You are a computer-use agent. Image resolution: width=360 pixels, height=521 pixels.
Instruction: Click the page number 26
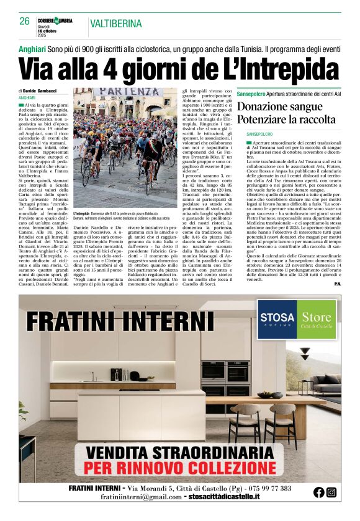point(24,22)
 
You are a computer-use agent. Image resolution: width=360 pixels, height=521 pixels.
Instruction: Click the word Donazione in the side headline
point(263,105)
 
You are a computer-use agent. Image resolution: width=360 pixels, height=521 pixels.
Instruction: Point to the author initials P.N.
point(337,284)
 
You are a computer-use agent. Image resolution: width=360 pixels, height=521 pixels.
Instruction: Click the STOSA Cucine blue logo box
point(277,319)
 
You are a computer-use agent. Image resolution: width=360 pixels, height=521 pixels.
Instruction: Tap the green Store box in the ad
point(317,319)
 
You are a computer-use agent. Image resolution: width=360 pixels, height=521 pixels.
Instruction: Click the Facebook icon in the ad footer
point(319,492)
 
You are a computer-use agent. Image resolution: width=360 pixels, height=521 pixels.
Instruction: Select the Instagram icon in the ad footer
point(331,492)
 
